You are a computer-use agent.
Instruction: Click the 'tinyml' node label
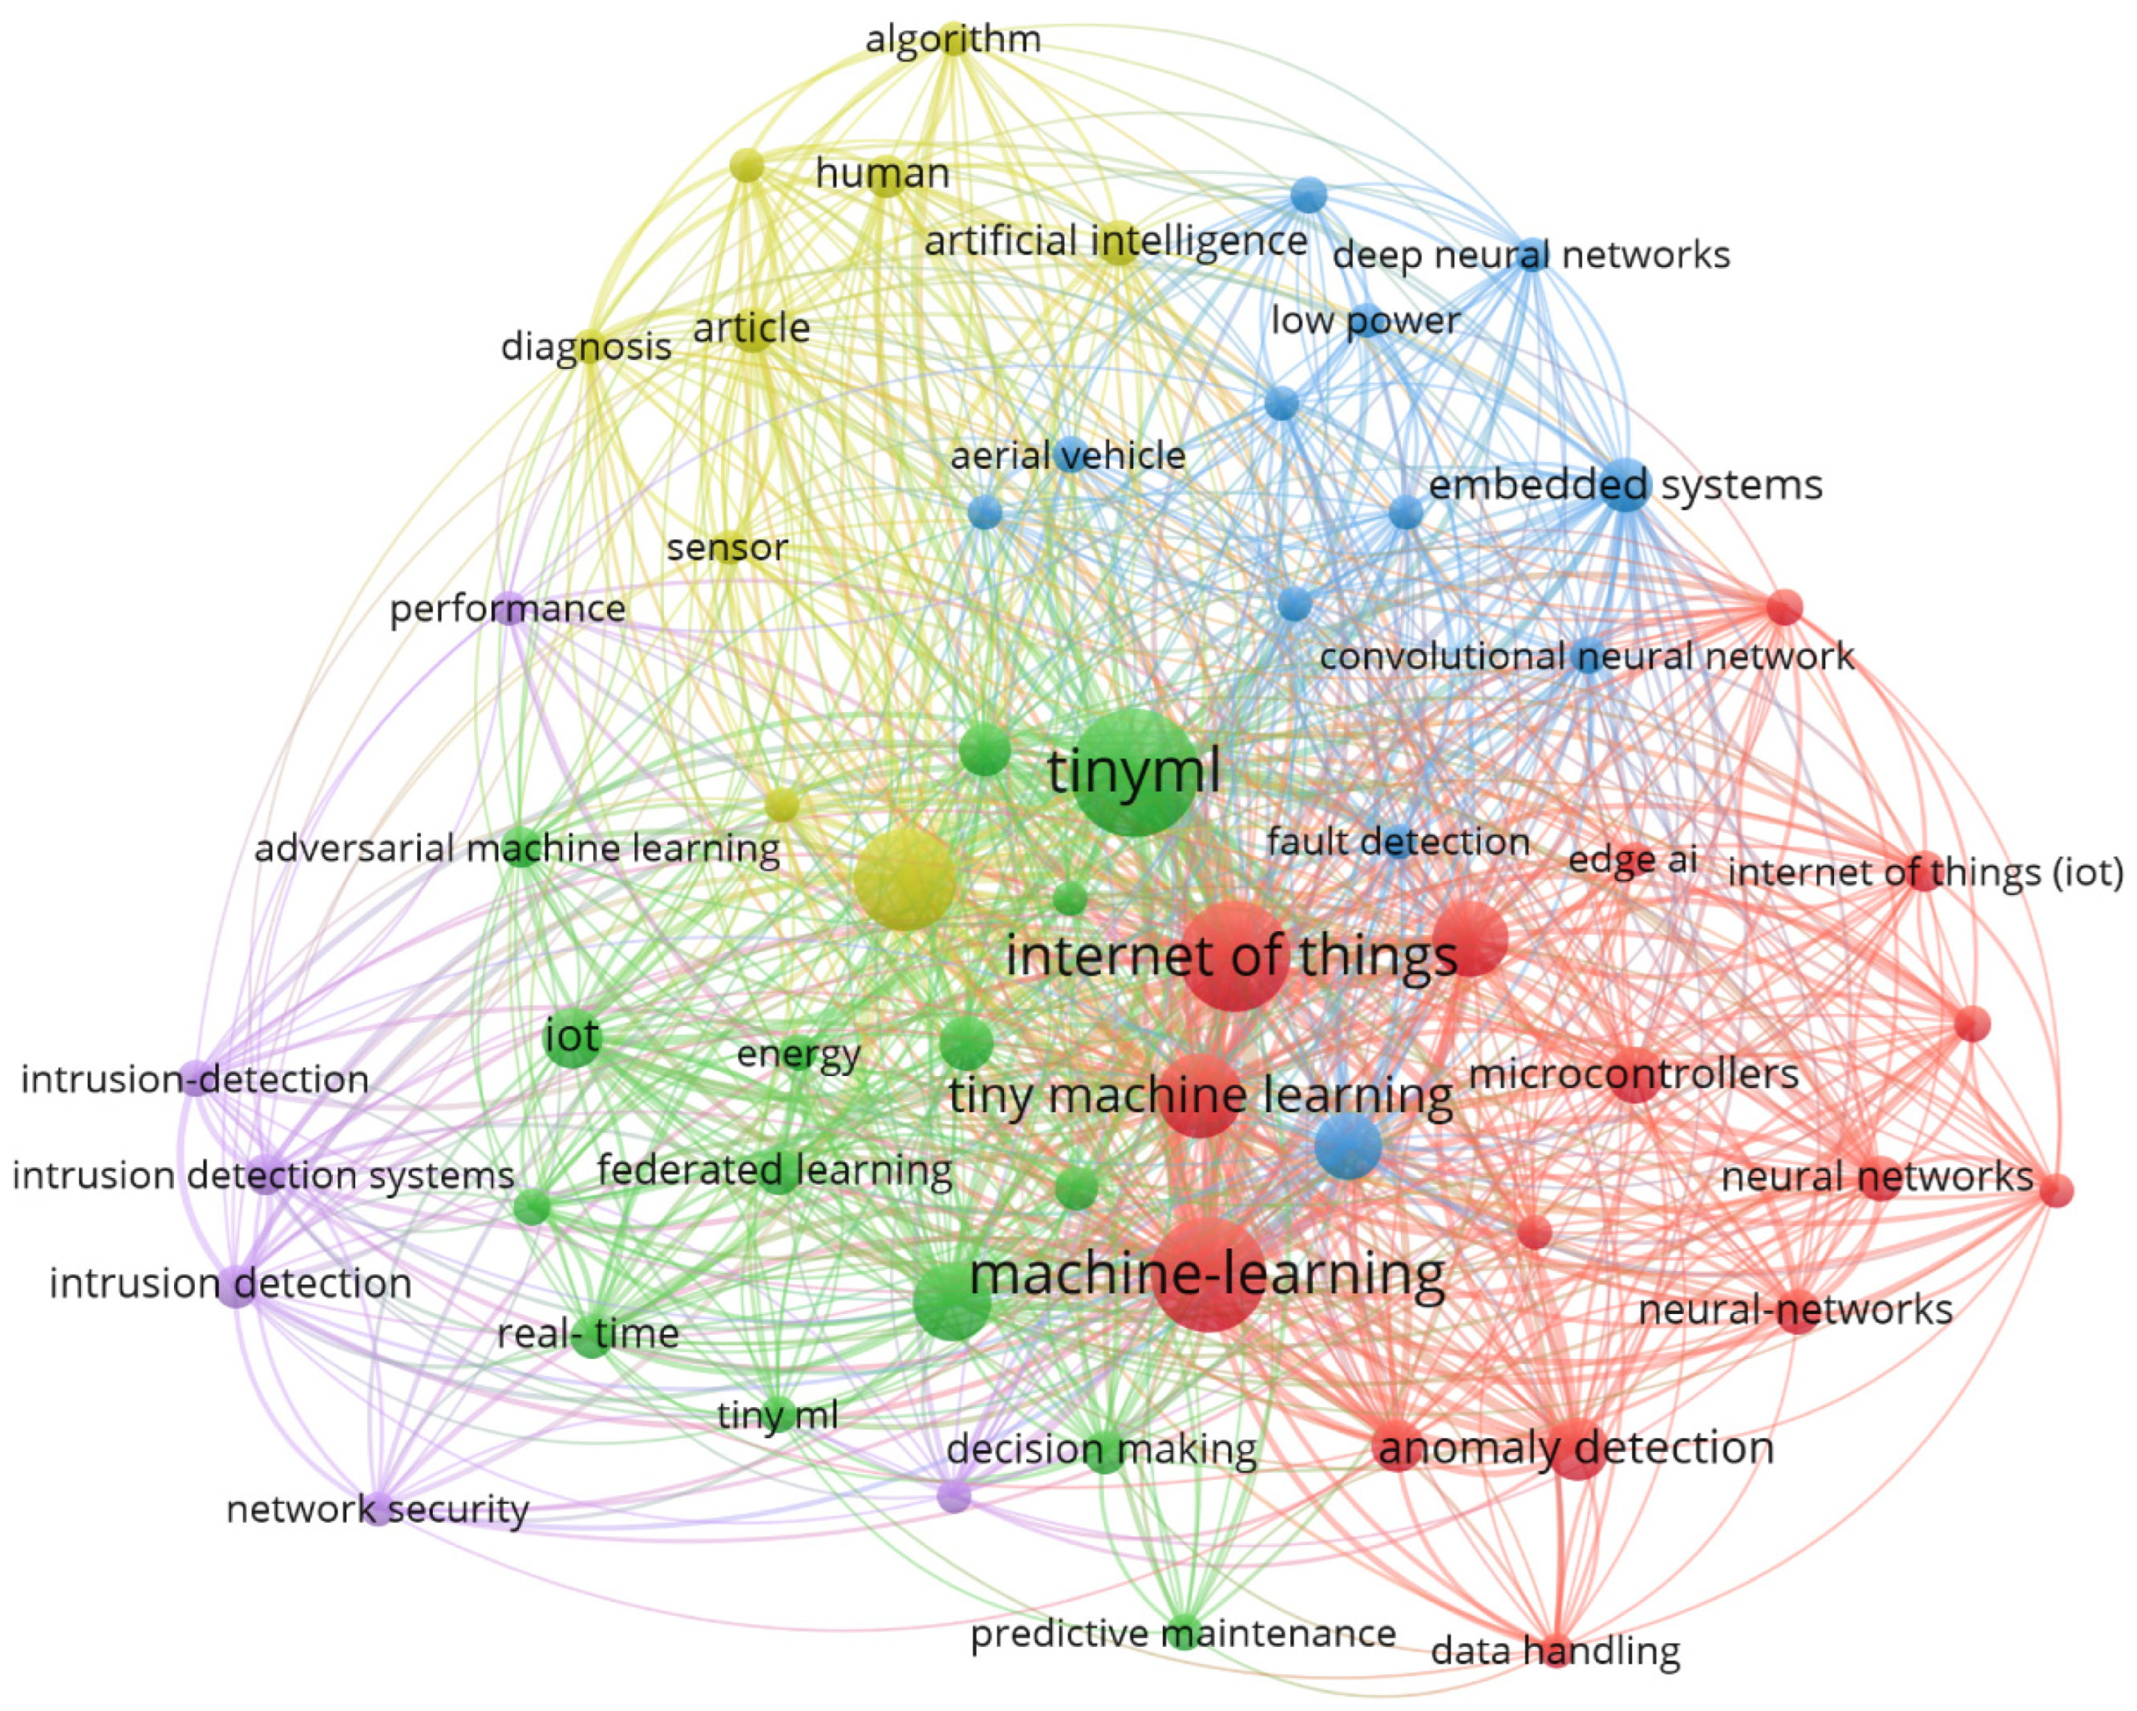pos(1134,771)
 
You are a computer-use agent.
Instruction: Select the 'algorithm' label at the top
pos(953,39)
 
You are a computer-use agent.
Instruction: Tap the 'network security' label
pos(377,1509)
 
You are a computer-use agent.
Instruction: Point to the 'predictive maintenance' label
pos(1183,1632)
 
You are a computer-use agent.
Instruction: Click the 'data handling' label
pos(1555,1651)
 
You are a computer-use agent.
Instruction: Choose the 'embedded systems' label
pos(1625,485)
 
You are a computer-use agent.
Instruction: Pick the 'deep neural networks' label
pos(1531,255)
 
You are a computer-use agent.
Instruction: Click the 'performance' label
pos(508,608)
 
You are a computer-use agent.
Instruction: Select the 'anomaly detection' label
pos(1575,1447)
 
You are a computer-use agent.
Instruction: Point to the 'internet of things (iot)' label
pos(1925,872)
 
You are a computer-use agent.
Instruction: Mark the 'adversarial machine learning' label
pos(517,848)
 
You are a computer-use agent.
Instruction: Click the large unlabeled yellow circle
pos(904,880)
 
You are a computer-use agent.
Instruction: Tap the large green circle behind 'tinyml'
pos(1134,734)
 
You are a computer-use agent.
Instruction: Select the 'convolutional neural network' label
pos(1586,656)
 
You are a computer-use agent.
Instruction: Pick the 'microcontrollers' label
pos(1633,1074)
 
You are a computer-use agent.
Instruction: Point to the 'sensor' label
pos(726,547)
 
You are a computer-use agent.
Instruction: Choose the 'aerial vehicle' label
pos(1067,456)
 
